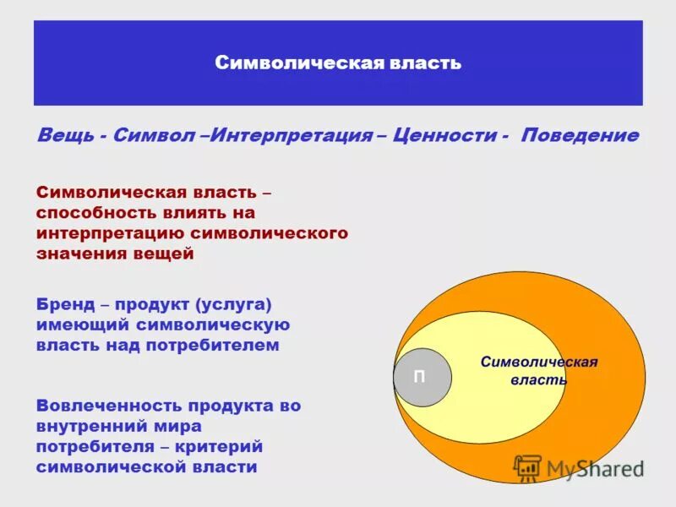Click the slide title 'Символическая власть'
tap(338, 63)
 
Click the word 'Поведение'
tap(580, 136)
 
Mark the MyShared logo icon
tap(528, 467)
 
